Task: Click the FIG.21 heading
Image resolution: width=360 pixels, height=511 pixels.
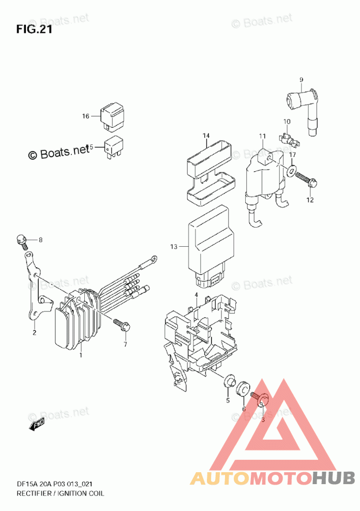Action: coord(34,29)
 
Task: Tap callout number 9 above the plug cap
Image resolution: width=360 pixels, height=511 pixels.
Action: coord(301,79)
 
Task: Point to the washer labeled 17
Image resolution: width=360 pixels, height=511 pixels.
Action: coord(292,171)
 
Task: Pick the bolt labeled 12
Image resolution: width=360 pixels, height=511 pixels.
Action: coord(309,182)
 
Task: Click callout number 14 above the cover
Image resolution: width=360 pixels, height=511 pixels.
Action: coord(206,136)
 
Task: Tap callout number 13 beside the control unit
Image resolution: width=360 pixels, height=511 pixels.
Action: coord(173,247)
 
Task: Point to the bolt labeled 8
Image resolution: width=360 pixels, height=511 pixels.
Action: coord(21,239)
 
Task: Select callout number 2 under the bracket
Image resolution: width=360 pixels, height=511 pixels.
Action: coord(34,333)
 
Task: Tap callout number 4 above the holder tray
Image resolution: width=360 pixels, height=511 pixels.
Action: coord(197,295)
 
